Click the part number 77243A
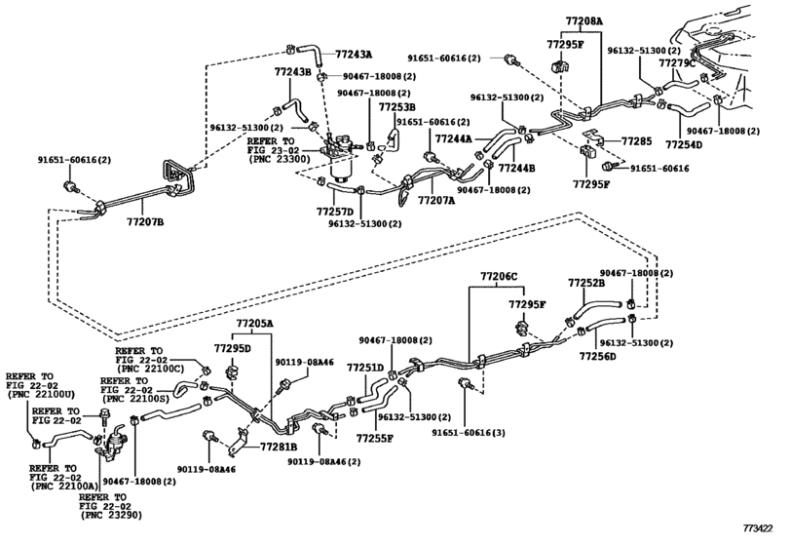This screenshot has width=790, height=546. [x=354, y=54]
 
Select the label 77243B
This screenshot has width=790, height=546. [x=293, y=71]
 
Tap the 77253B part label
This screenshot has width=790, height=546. [x=397, y=107]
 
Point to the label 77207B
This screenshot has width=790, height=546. [x=145, y=221]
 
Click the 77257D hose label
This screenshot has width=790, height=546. [x=335, y=211]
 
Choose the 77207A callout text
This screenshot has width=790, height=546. [x=436, y=200]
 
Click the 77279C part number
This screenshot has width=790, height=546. [x=677, y=62]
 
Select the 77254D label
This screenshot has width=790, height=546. [x=684, y=144]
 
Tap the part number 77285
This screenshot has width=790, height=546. [x=636, y=140]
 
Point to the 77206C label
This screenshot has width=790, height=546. [x=499, y=276]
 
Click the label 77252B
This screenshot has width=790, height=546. [x=586, y=283]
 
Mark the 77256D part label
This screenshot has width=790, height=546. [x=597, y=357]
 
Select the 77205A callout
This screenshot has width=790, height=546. [x=254, y=323]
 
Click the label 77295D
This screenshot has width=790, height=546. [x=232, y=348]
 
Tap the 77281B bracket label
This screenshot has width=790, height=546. [x=279, y=447]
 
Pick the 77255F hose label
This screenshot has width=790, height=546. [x=375, y=438]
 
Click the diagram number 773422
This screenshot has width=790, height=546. [x=758, y=528]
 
